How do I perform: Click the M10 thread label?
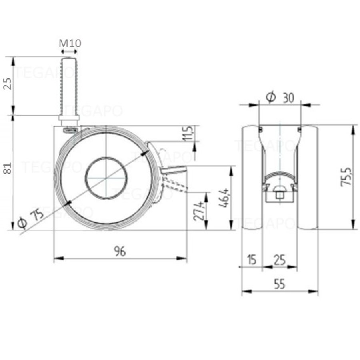(70, 43)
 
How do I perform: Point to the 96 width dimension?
(120, 251)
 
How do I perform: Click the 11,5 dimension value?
(189, 133)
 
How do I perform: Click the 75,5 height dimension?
(346, 176)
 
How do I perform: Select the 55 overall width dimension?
(280, 284)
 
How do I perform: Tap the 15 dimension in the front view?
(251, 260)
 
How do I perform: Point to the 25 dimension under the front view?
(280, 260)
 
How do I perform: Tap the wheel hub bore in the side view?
(106, 178)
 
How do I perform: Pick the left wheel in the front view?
(252, 178)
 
